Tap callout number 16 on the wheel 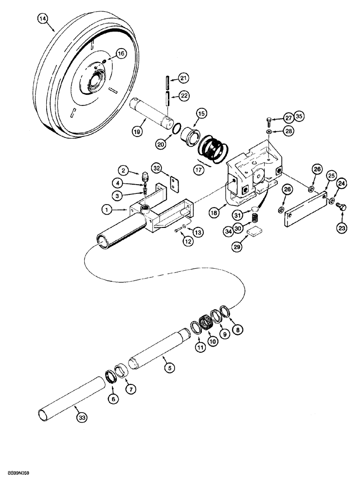pos(121,53)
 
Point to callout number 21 pos(183,78)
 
